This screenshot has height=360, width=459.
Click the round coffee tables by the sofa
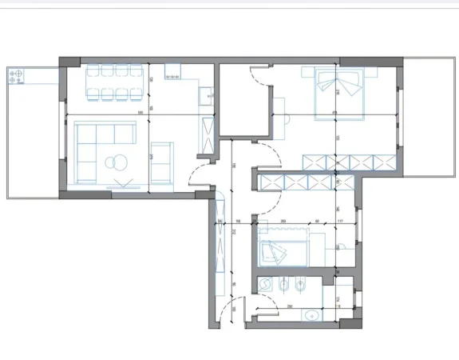pos(117,162)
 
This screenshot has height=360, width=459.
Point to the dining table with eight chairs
pos(116,82)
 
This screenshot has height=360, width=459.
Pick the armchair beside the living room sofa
pos(161,161)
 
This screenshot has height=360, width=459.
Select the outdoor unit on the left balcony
pos(15,77)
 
